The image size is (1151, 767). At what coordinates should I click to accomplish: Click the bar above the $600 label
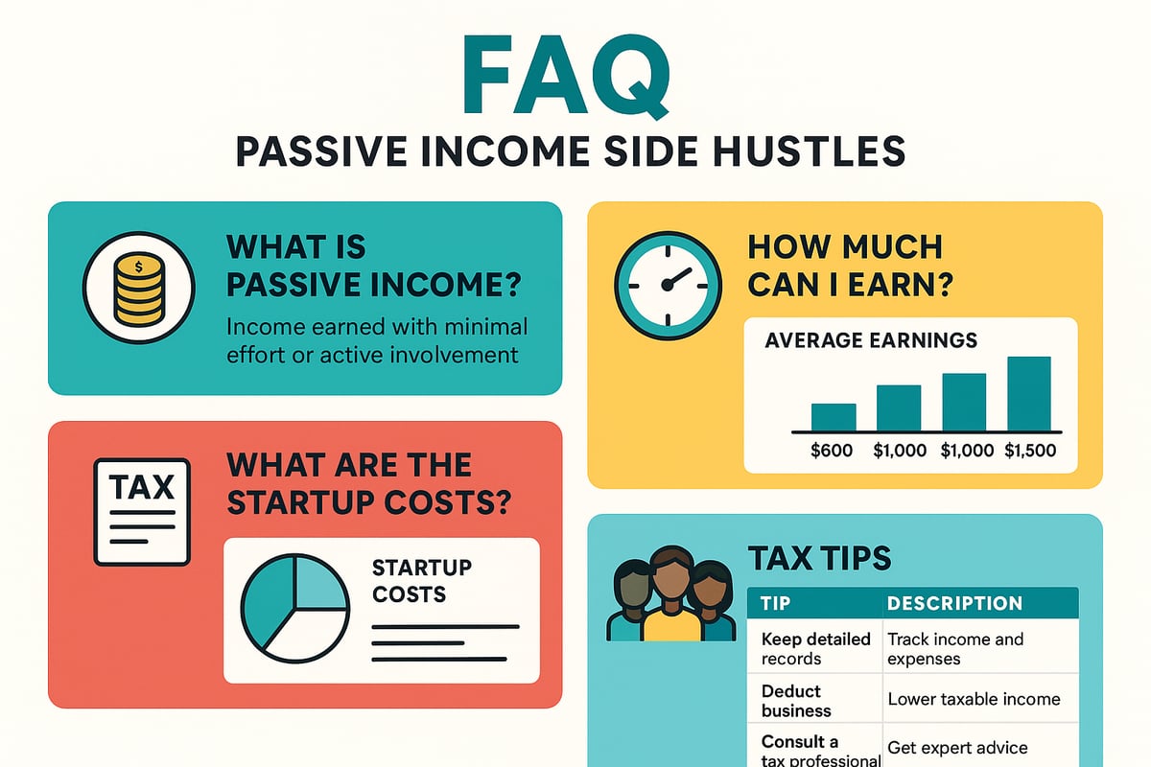click(x=833, y=417)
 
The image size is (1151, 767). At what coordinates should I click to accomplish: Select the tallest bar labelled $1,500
click(x=1028, y=394)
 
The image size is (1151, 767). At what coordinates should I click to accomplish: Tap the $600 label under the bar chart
click(x=832, y=451)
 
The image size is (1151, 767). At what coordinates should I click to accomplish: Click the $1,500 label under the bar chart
click(x=1030, y=451)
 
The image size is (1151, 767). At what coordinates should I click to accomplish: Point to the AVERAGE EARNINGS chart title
click(x=871, y=340)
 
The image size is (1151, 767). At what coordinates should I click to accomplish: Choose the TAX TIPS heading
click(x=818, y=558)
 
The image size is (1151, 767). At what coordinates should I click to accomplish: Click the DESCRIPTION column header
click(x=954, y=604)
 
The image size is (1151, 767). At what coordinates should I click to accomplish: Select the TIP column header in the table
click(x=776, y=604)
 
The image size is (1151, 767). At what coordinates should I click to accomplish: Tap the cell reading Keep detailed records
click(x=815, y=649)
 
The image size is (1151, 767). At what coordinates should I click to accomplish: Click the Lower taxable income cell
click(x=974, y=700)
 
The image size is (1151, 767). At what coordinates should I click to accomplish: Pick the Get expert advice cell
click(x=957, y=747)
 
